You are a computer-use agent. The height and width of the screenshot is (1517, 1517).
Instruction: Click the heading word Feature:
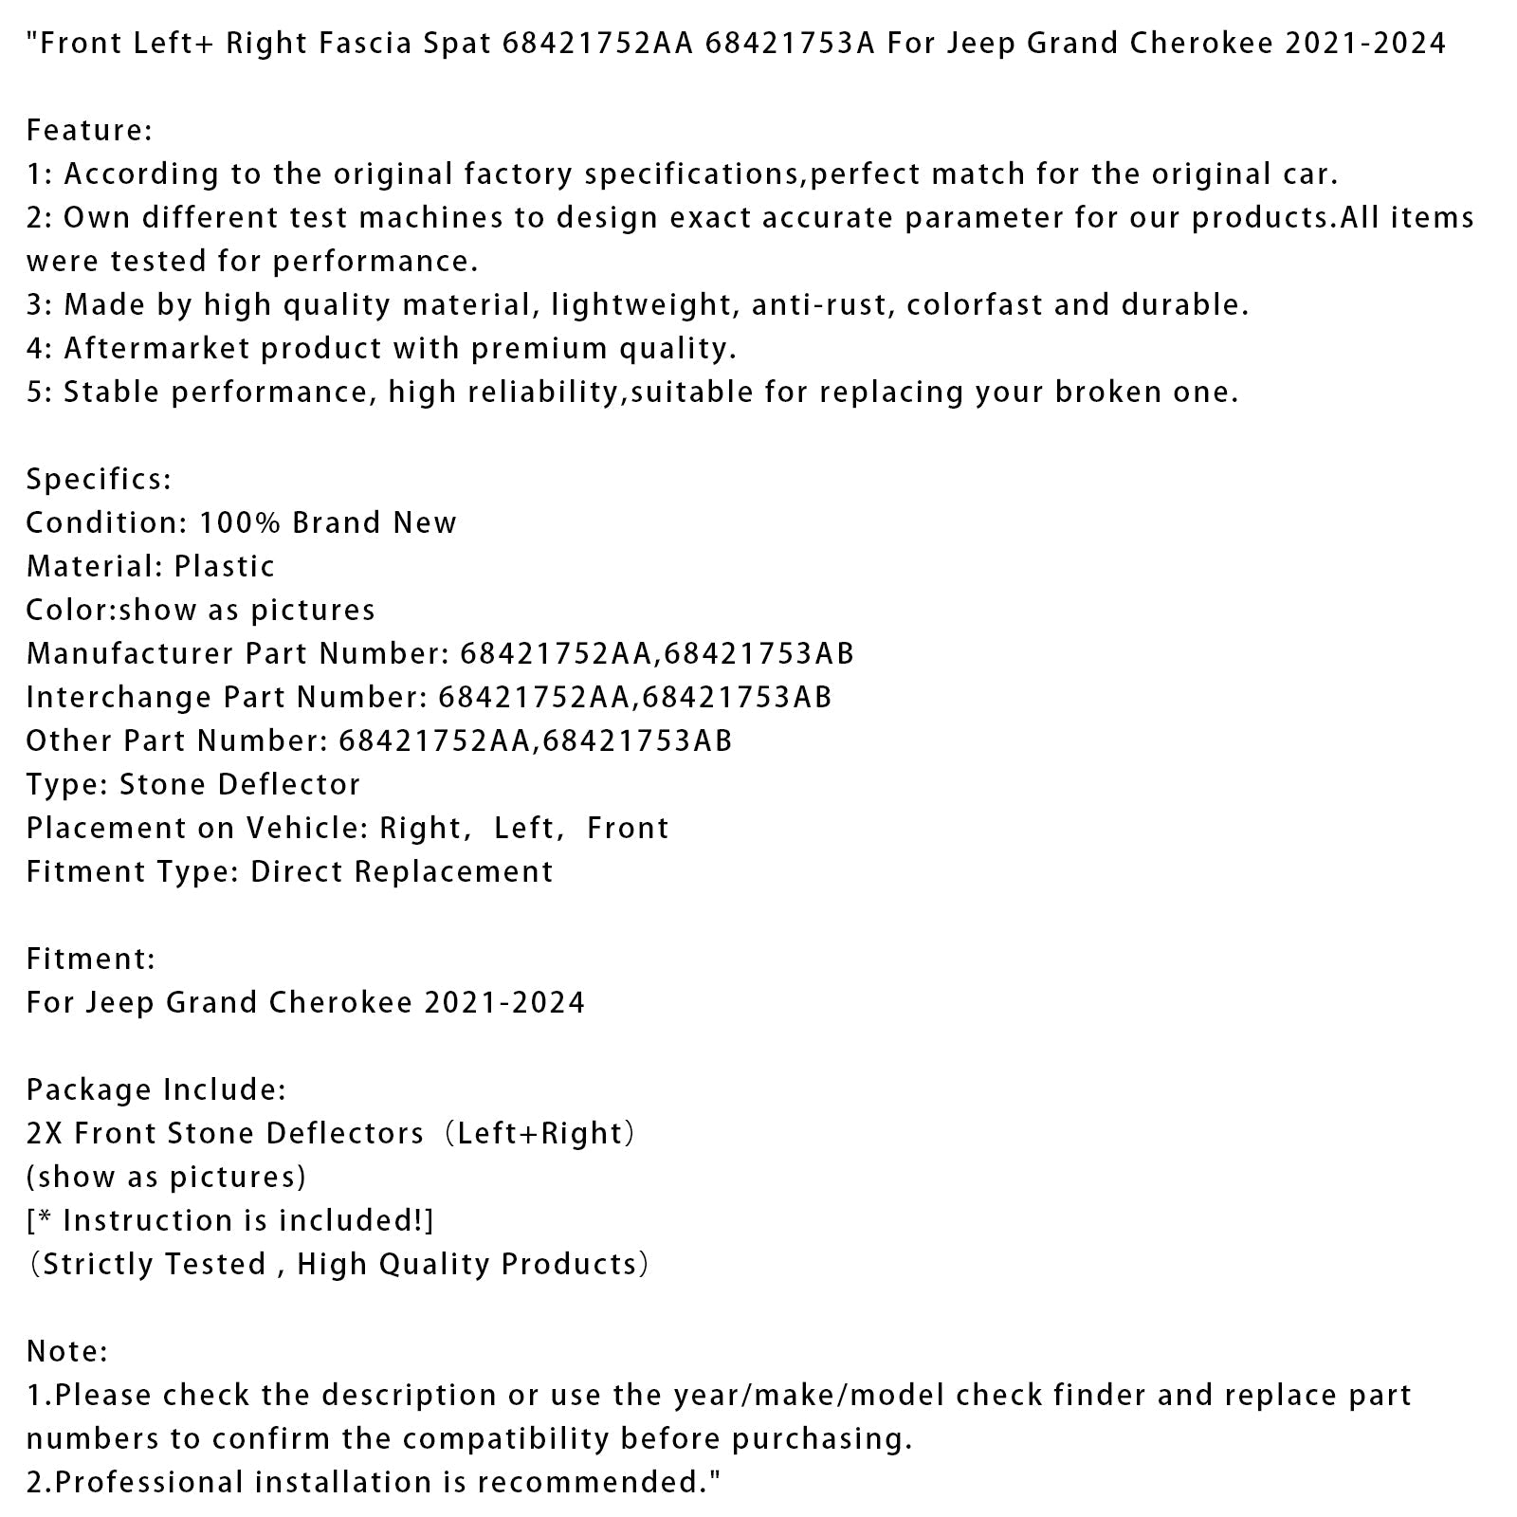(x=89, y=130)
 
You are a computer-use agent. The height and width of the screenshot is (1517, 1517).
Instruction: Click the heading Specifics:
(x=99, y=479)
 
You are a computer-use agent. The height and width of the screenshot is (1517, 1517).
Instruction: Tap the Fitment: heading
(x=90, y=959)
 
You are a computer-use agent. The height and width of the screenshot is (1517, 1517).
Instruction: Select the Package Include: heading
(x=155, y=1089)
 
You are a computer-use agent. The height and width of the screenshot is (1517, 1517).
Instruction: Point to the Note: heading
(x=67, y=1351)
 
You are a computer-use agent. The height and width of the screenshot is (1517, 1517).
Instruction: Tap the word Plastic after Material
(x=225, y=566)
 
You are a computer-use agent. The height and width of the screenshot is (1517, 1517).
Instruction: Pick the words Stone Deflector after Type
(x=239, y=784)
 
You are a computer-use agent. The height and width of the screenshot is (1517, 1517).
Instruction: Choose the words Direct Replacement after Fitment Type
(x=401, y=871)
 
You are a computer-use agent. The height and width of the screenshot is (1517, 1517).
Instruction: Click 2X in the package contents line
(x=45, y=1133)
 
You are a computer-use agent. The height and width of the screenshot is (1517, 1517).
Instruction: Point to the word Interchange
(x=119, y=697)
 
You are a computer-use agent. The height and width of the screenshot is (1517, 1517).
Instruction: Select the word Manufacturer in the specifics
(x=130, y=653)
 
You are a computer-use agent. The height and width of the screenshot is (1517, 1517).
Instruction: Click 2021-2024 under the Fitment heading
(x=504, y=1002)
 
